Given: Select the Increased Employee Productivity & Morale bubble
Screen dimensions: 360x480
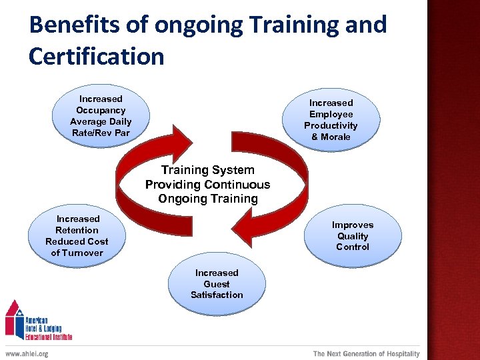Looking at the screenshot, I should [331, 120].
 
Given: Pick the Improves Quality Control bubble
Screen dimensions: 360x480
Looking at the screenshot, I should [352, 236].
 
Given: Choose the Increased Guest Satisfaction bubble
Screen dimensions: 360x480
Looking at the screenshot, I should [217, 284].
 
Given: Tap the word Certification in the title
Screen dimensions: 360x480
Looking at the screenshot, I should [96, 56].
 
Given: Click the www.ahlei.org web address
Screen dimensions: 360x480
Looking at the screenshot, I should [27, 354].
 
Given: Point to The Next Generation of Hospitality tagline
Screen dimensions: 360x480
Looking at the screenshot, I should [367, 354].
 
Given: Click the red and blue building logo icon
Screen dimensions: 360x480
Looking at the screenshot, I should [15, 319].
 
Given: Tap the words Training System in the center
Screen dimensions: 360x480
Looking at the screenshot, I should [207, 170].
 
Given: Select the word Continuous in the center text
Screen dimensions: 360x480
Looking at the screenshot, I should [237, 185].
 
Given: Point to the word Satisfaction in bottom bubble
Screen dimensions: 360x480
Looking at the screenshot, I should [217, 295].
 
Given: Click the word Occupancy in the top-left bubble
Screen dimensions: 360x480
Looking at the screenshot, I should [101, 110].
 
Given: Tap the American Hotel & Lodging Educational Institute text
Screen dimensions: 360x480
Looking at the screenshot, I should [49, 325].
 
